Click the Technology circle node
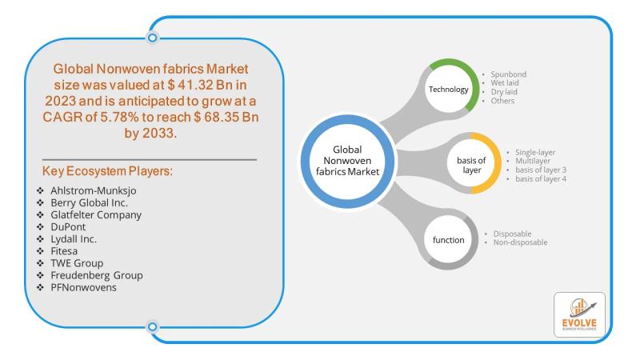[x=449, y=89]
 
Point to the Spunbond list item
[x=507, y=74]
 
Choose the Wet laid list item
[x=506, y=83]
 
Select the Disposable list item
[x=512, y=234]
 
